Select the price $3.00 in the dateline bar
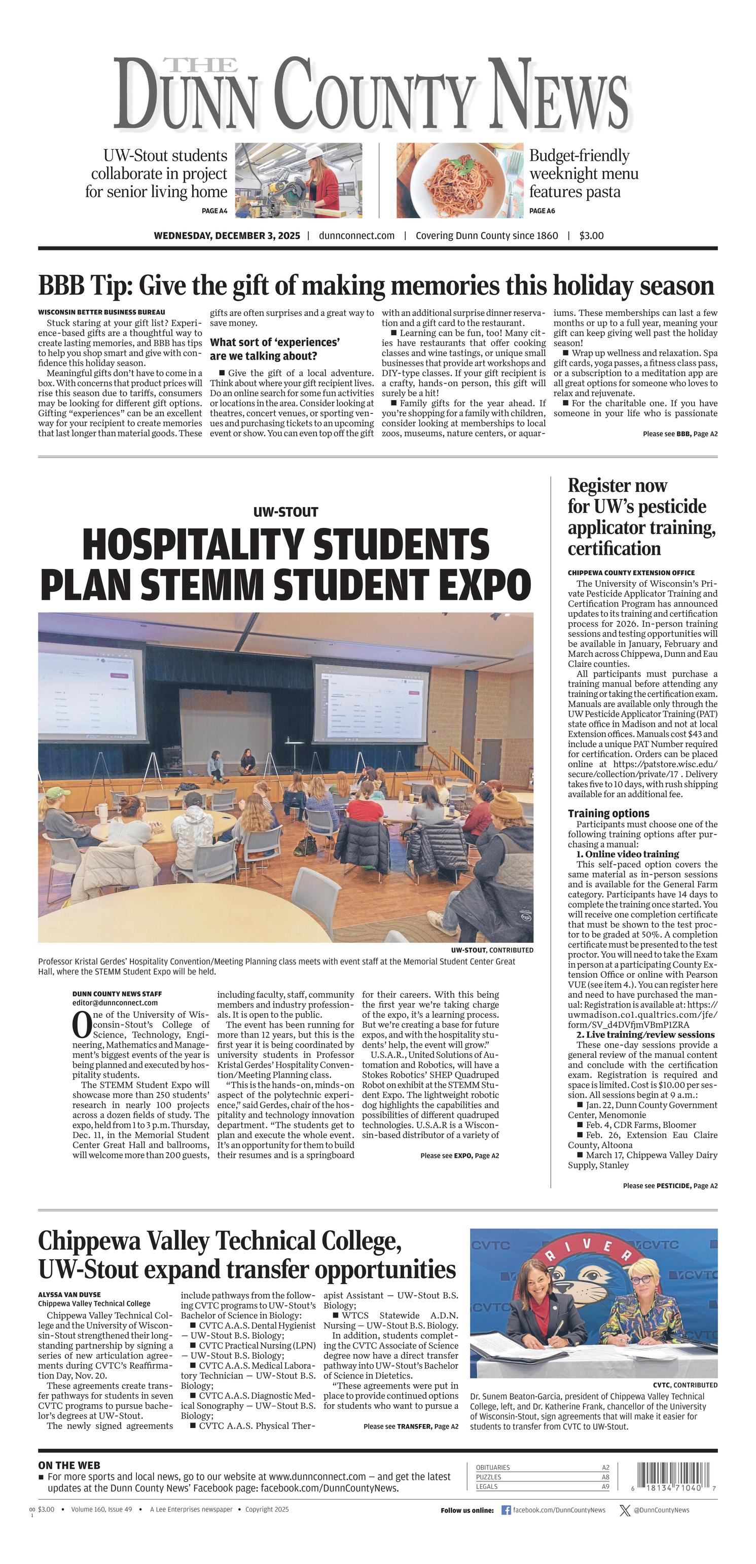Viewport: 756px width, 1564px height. pos(591,236)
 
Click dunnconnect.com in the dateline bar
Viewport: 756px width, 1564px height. pos(356,236)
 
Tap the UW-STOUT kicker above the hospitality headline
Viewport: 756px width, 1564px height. pos(285,512)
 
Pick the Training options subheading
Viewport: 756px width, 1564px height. pos(608,813)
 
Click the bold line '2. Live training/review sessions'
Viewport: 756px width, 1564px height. pos(645,1035)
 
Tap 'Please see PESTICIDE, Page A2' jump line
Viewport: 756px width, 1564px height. pos(670,1186)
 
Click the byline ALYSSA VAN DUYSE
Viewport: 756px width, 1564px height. pos(69,1294)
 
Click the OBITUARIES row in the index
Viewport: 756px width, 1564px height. pos(542,1467)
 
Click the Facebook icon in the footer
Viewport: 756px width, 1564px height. pos(506,1510)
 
